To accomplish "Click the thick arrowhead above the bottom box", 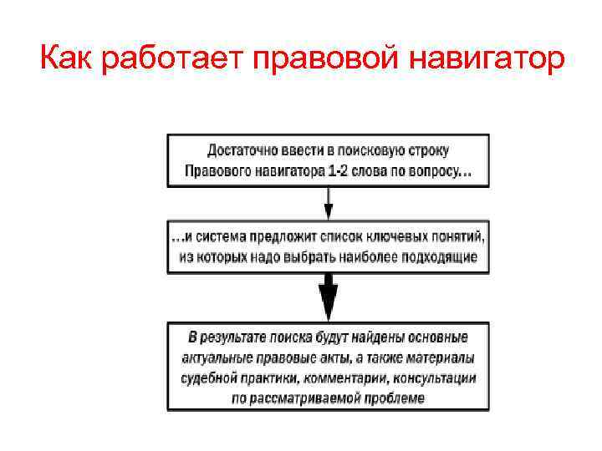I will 329,297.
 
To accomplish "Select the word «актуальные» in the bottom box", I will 217,357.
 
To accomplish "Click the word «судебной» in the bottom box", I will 209,378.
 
